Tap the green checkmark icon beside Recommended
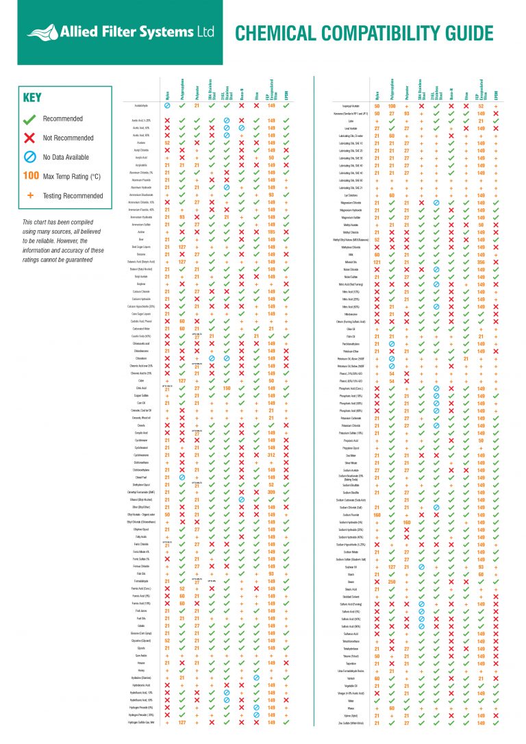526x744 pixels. click(31, 119)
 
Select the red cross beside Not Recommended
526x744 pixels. click(31, 138)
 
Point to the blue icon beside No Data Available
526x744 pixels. click(31, 157)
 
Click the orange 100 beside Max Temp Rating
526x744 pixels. click(31, 177)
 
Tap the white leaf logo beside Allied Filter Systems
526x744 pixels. click(45, 32)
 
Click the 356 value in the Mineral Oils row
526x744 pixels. click(481, 262)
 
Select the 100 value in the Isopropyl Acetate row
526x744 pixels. click(392, 107)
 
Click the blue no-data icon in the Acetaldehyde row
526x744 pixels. click(167, 107)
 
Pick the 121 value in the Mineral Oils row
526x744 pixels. click(377, 262)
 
